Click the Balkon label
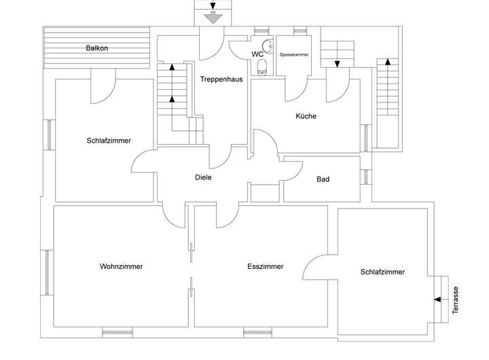97,48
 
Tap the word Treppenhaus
221,79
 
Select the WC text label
257,53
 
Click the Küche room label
306,115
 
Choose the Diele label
203,177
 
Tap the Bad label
323,179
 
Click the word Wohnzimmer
121,266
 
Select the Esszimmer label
266,266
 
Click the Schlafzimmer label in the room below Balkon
109,141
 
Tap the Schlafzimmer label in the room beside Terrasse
382,272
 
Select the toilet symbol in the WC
262,67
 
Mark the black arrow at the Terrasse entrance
435,299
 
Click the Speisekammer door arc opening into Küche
297,90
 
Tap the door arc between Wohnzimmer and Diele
175,216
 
